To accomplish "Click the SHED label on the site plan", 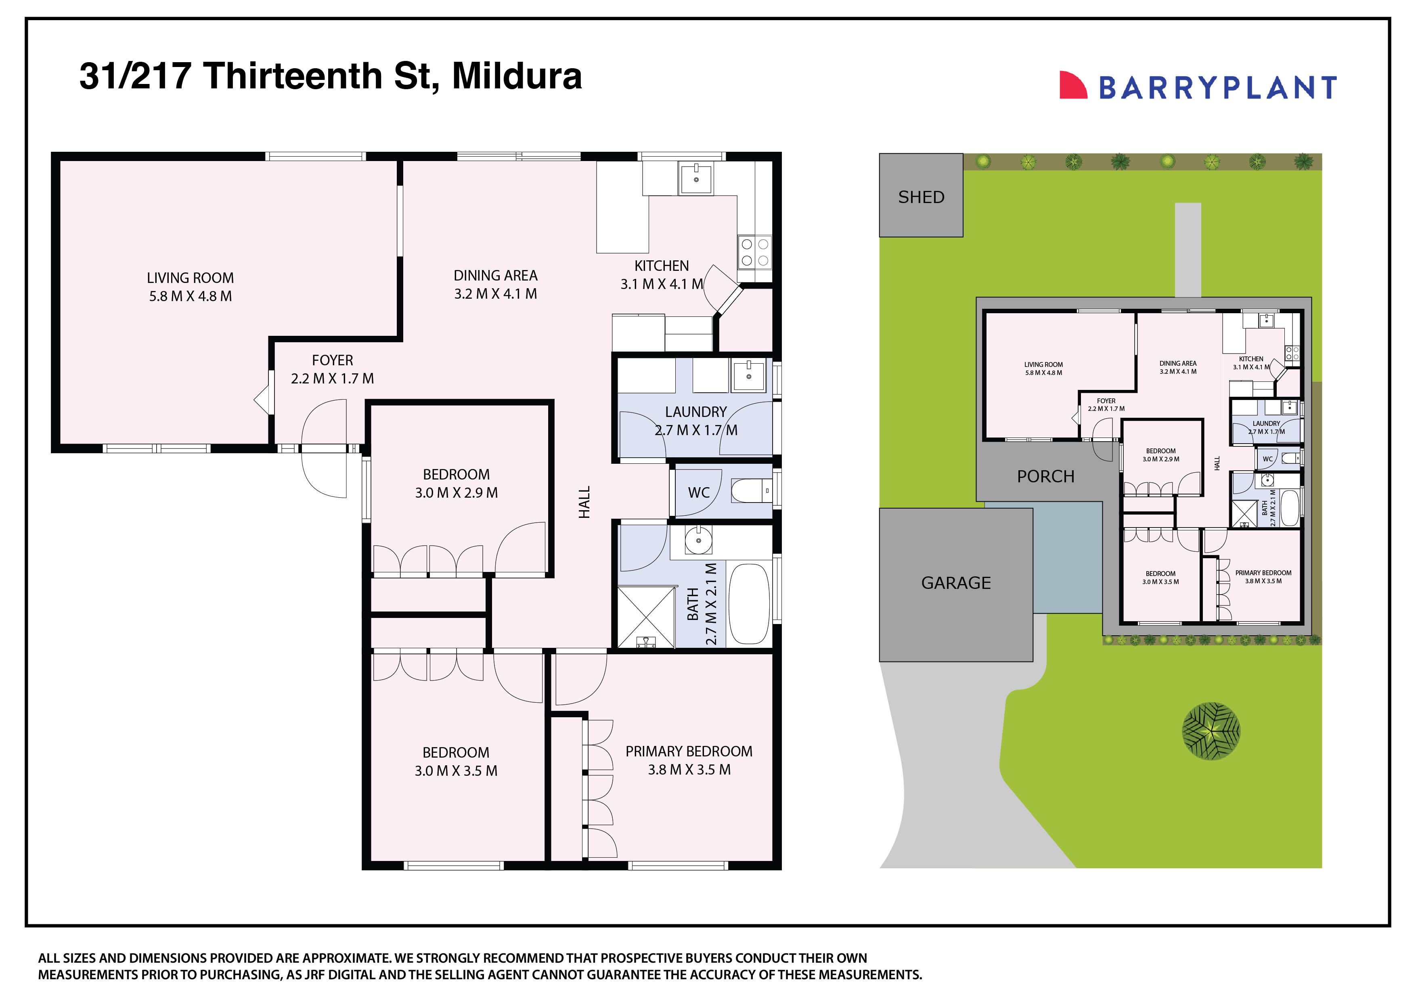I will click(x=921, y=197).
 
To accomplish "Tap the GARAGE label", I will click(x=956, y=583).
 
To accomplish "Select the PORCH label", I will click(x=1045, y=476).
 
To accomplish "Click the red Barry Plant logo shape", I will click(x=1072, y=85).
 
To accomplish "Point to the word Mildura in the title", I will click(x=517, y=76).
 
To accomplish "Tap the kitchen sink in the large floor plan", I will click(x=695, y=178).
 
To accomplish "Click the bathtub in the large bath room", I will click(x=749, y=604).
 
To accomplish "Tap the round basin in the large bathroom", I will click(x=699, y=541).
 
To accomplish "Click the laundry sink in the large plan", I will click(x=748, y=376).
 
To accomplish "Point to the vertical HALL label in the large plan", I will click(x=584, y=501).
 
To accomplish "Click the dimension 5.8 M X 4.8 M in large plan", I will click(x=190, y=296).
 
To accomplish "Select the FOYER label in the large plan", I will click(x=333, y=360).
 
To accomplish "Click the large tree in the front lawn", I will click(x=1211, y=731).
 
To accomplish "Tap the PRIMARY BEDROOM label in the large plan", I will click(x=689, y=751).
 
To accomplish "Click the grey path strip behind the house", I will click(x=1188, y=250).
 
